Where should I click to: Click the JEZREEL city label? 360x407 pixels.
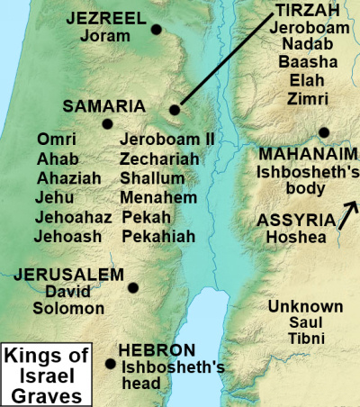(104, 19)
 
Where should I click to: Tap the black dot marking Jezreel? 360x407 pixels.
(157, 30)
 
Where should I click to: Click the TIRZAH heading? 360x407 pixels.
(301, 11)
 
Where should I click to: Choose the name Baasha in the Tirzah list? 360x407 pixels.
(301, 62)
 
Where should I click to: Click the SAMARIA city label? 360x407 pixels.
(103, 105)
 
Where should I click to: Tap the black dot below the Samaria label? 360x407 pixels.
(108, 124)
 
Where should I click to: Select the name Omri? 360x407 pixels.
(57, 139)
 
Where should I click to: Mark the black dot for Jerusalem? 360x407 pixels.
(133, 288)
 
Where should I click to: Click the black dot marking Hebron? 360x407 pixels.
(111, 365)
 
